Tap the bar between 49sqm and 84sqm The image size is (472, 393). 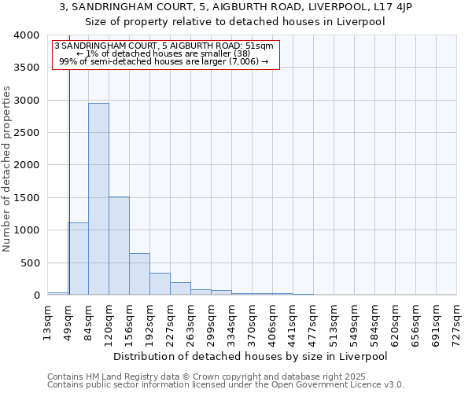tap(78, 259)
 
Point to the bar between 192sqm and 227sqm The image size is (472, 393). tap(160, 284)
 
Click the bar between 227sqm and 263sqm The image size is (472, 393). tap(180, 288)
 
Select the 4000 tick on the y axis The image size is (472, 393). tap(27, 35)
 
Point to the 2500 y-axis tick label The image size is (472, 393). tap(27, 133)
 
